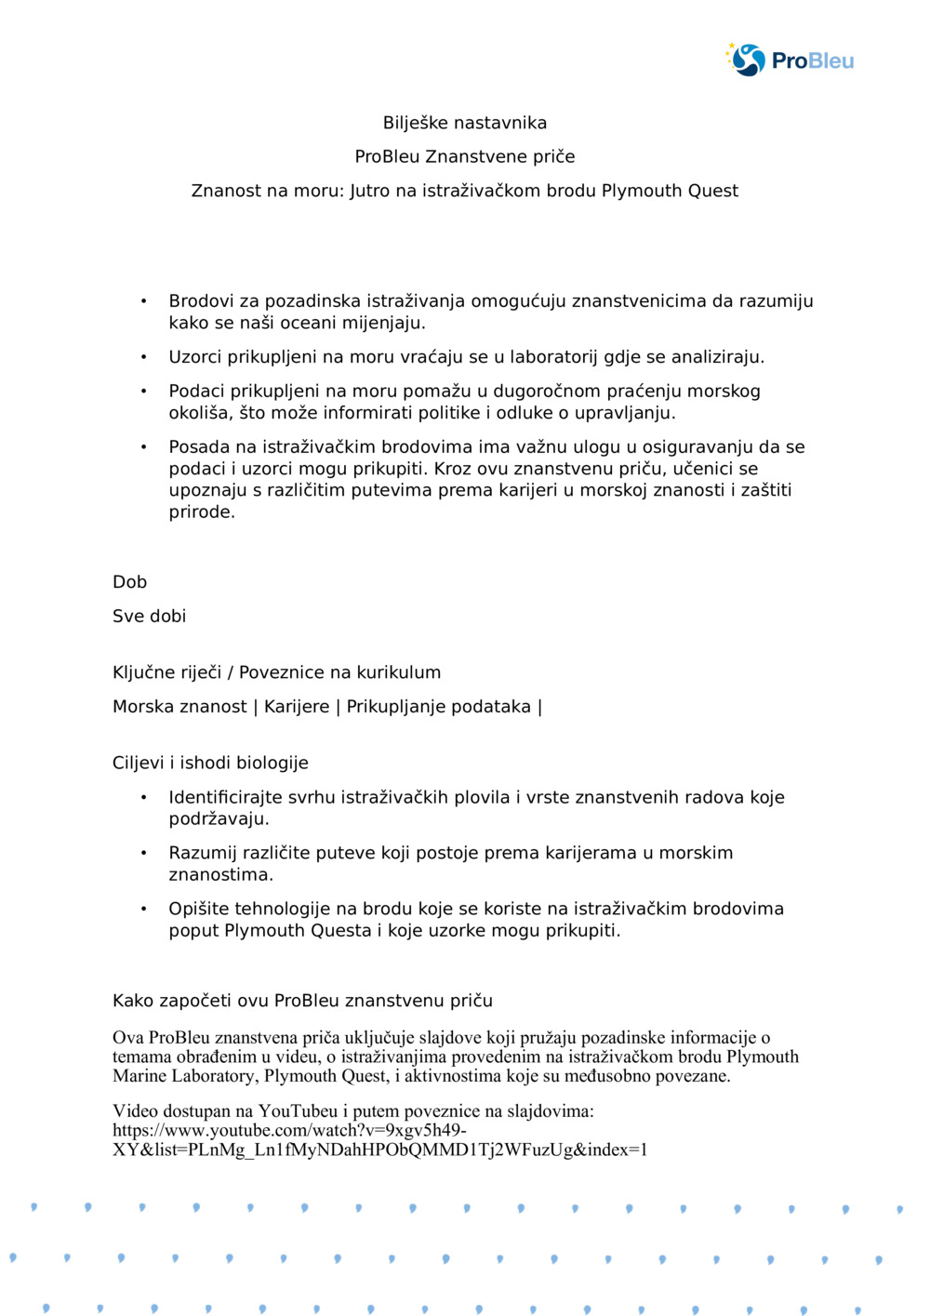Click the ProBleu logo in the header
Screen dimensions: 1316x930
[790, 60]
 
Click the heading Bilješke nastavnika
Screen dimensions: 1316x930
[465, 123]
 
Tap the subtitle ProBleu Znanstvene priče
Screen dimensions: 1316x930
[465, 156]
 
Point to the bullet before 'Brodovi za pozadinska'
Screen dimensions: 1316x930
[144, 301]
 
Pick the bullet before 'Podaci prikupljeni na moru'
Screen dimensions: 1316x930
[144, 392]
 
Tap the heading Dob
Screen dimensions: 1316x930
[129, 582]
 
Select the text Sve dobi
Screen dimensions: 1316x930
[149, 616]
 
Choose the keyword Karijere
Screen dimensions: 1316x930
[297, 707]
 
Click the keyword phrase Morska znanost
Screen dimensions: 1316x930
[179, 707]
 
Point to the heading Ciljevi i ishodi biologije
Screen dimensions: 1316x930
[210, 763]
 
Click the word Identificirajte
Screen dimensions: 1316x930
[227, 797]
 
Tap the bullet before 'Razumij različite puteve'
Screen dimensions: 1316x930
[144, 853]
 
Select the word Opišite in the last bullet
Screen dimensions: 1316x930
[198, 909]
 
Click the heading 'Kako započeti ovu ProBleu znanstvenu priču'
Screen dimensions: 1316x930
[302, 1001]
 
